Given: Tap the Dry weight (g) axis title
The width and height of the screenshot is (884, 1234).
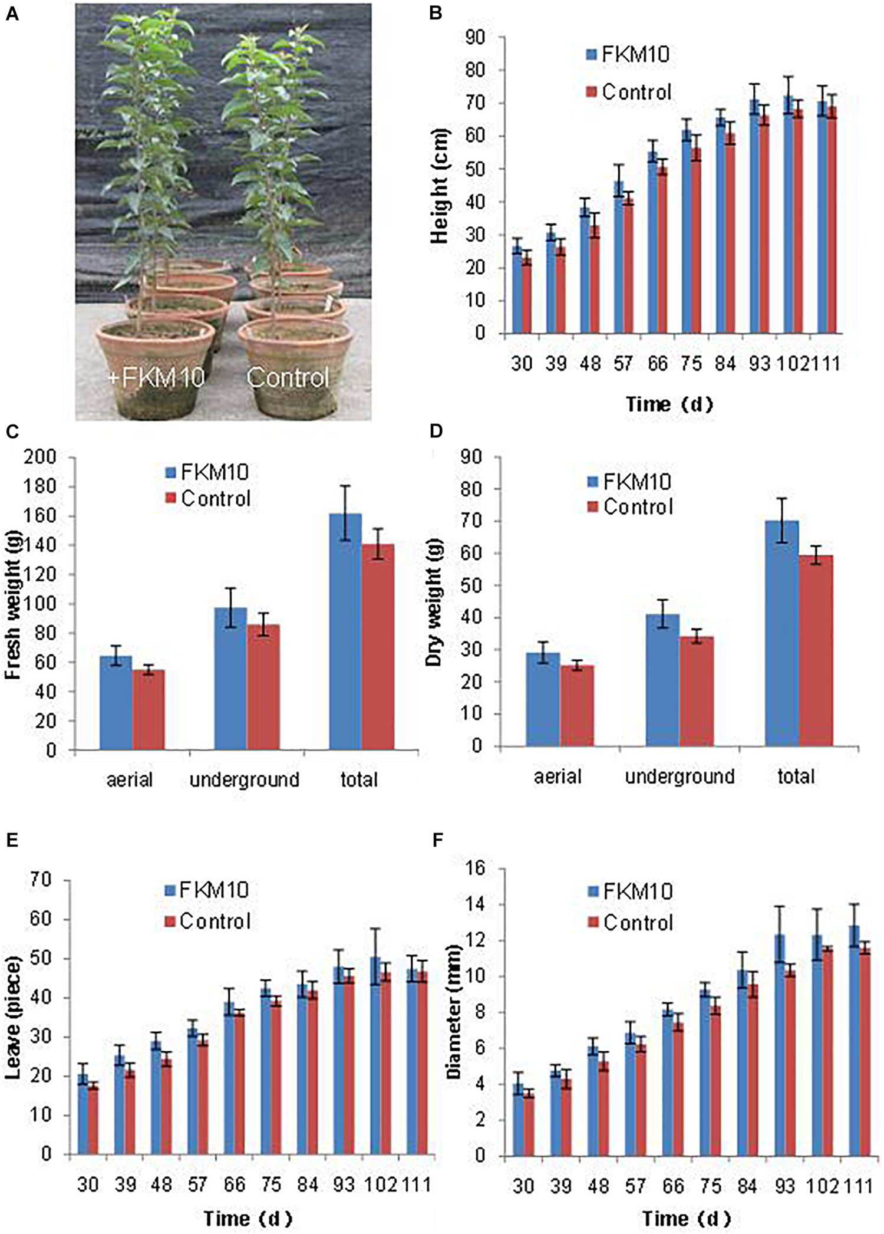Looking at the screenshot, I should (x=434, y=601).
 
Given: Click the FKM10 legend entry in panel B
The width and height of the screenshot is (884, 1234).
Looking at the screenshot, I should (x=628, y=55).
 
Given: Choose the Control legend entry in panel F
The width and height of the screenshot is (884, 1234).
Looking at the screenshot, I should (x=631, y=923).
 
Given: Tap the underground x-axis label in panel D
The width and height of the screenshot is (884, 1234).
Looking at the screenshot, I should (x=680, y=776).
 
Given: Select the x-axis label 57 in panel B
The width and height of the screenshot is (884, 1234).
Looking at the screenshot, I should (x=623, y=364).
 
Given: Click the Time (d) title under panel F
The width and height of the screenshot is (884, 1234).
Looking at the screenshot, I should (x=686, y=1218).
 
